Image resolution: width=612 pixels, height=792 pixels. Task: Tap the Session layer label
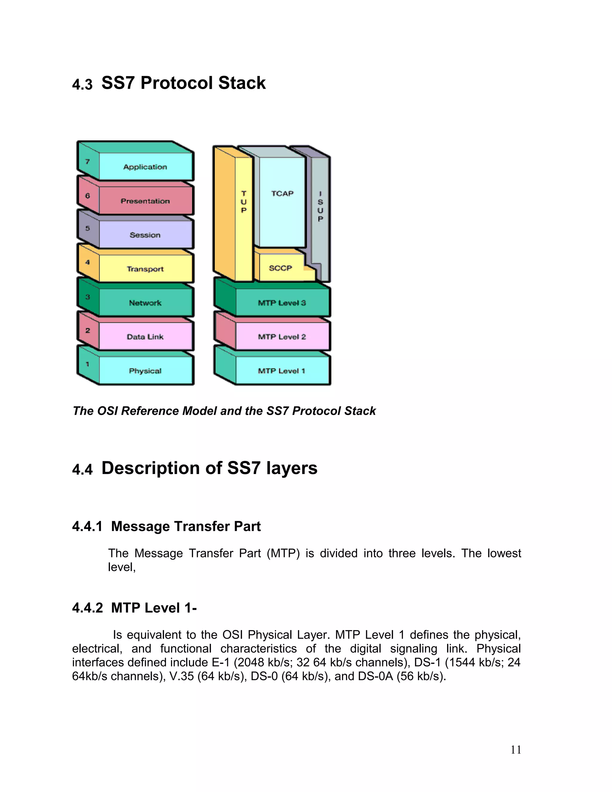point(145,235)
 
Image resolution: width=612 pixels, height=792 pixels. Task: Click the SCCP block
point(281,268)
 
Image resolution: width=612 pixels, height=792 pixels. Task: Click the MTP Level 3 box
point(282,303)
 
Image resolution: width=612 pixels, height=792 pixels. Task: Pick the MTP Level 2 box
point(282,337)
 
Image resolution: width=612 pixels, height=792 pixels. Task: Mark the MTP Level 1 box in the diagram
point(282,371)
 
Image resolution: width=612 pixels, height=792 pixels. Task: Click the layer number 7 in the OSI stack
point(87,162)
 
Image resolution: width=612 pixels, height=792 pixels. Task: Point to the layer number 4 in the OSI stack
point(87,262)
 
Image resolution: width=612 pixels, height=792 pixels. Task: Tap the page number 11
point(515,750)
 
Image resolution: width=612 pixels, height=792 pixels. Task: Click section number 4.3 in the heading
point(82,85)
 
